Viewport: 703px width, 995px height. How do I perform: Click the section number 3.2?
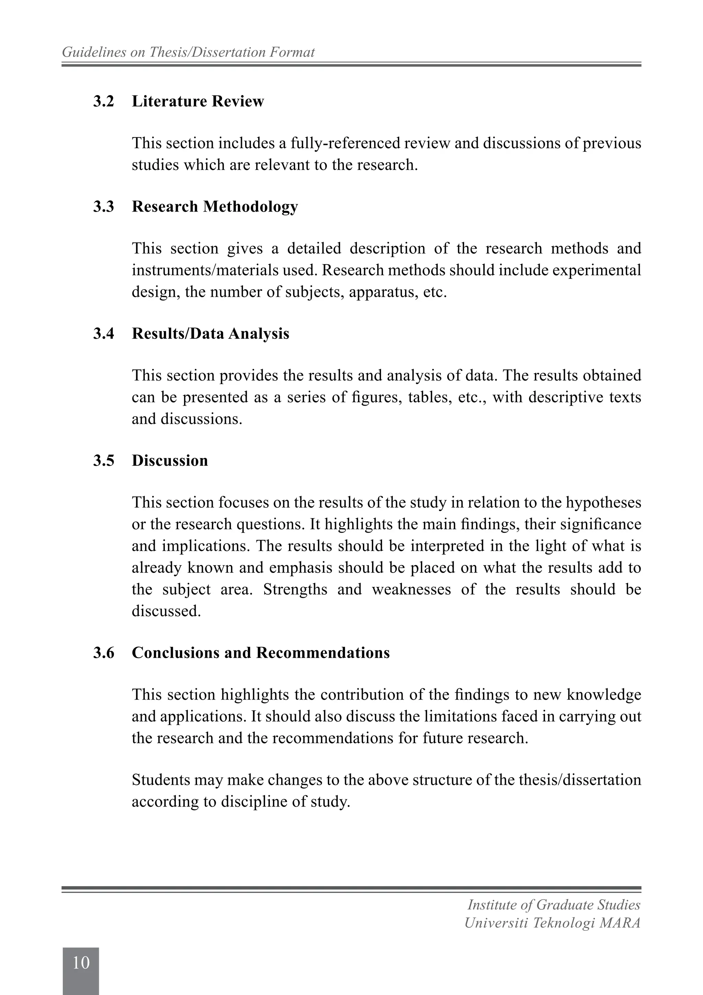pos(104,101)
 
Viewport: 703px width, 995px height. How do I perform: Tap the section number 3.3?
pos(104,207)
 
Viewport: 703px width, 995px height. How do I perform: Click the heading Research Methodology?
pos(215,207)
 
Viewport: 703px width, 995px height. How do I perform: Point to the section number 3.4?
pos(104,334)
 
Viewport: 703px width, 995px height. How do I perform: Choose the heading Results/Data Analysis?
pos(210,334)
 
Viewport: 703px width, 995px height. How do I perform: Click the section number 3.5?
pos(104,461)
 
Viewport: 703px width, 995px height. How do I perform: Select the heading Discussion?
pos(170,461)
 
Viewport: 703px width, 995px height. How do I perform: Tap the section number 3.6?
pos(104,653)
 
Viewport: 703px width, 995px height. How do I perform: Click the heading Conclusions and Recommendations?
pos(261,653)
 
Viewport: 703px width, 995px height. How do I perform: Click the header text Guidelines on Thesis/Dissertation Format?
pos(188,53)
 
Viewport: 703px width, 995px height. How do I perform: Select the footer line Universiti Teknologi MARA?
pos(552,923)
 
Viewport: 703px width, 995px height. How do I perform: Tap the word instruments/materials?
pos(205,270)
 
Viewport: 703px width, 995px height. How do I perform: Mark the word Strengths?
pos(295,590)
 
